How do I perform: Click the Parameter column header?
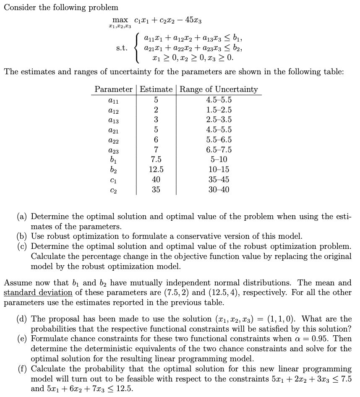pyautogui.click(x=113, y=89)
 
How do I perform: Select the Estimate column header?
pyautogui.click(x=156, y=89)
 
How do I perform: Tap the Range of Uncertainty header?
pyautogui.click(x=219, y=89)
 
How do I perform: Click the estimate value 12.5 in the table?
pyautogui.click(x=156, y=170)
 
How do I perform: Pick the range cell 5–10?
pyautogui.click(x=219, y=160)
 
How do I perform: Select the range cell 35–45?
pyautogui.click(x=219, y=180)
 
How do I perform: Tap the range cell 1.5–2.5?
pyautogui.click(x=219, y=110)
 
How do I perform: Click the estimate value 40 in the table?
pyautogui.click(x=156, y=180)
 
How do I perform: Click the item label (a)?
pyautogui.click(x=23, y=217)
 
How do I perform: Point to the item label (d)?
pyautogui.click(x=23, y=319)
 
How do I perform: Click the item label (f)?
pyautogui.click(x=23, y=369)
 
